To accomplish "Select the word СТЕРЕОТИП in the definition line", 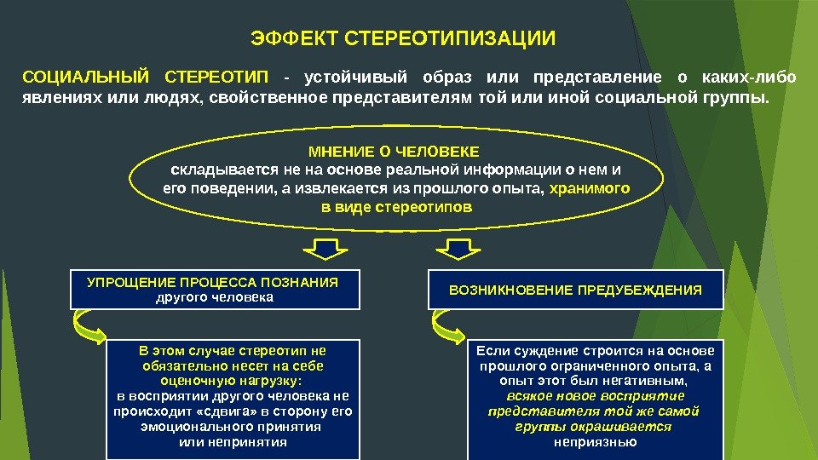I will pos(216,78).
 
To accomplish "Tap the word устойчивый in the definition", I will pos(359,78).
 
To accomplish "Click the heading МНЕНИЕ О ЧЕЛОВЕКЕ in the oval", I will pos(394,152).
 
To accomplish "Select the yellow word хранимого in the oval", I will pos(590,189).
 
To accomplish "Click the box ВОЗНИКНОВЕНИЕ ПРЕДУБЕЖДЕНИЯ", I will pos(575,290).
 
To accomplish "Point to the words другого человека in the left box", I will pos(214,298).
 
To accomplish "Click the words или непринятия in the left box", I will pos(233,442).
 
